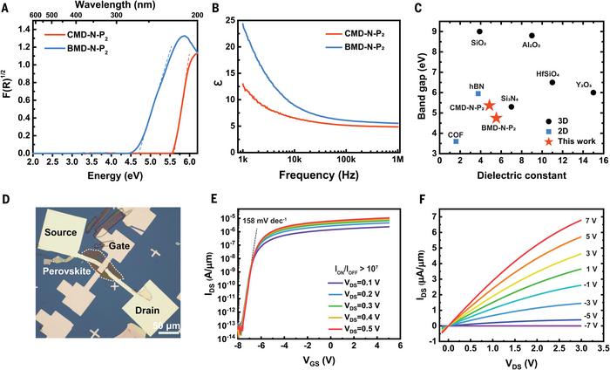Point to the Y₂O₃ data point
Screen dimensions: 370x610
pos(593,92)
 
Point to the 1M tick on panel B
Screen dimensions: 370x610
pos(398,161)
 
